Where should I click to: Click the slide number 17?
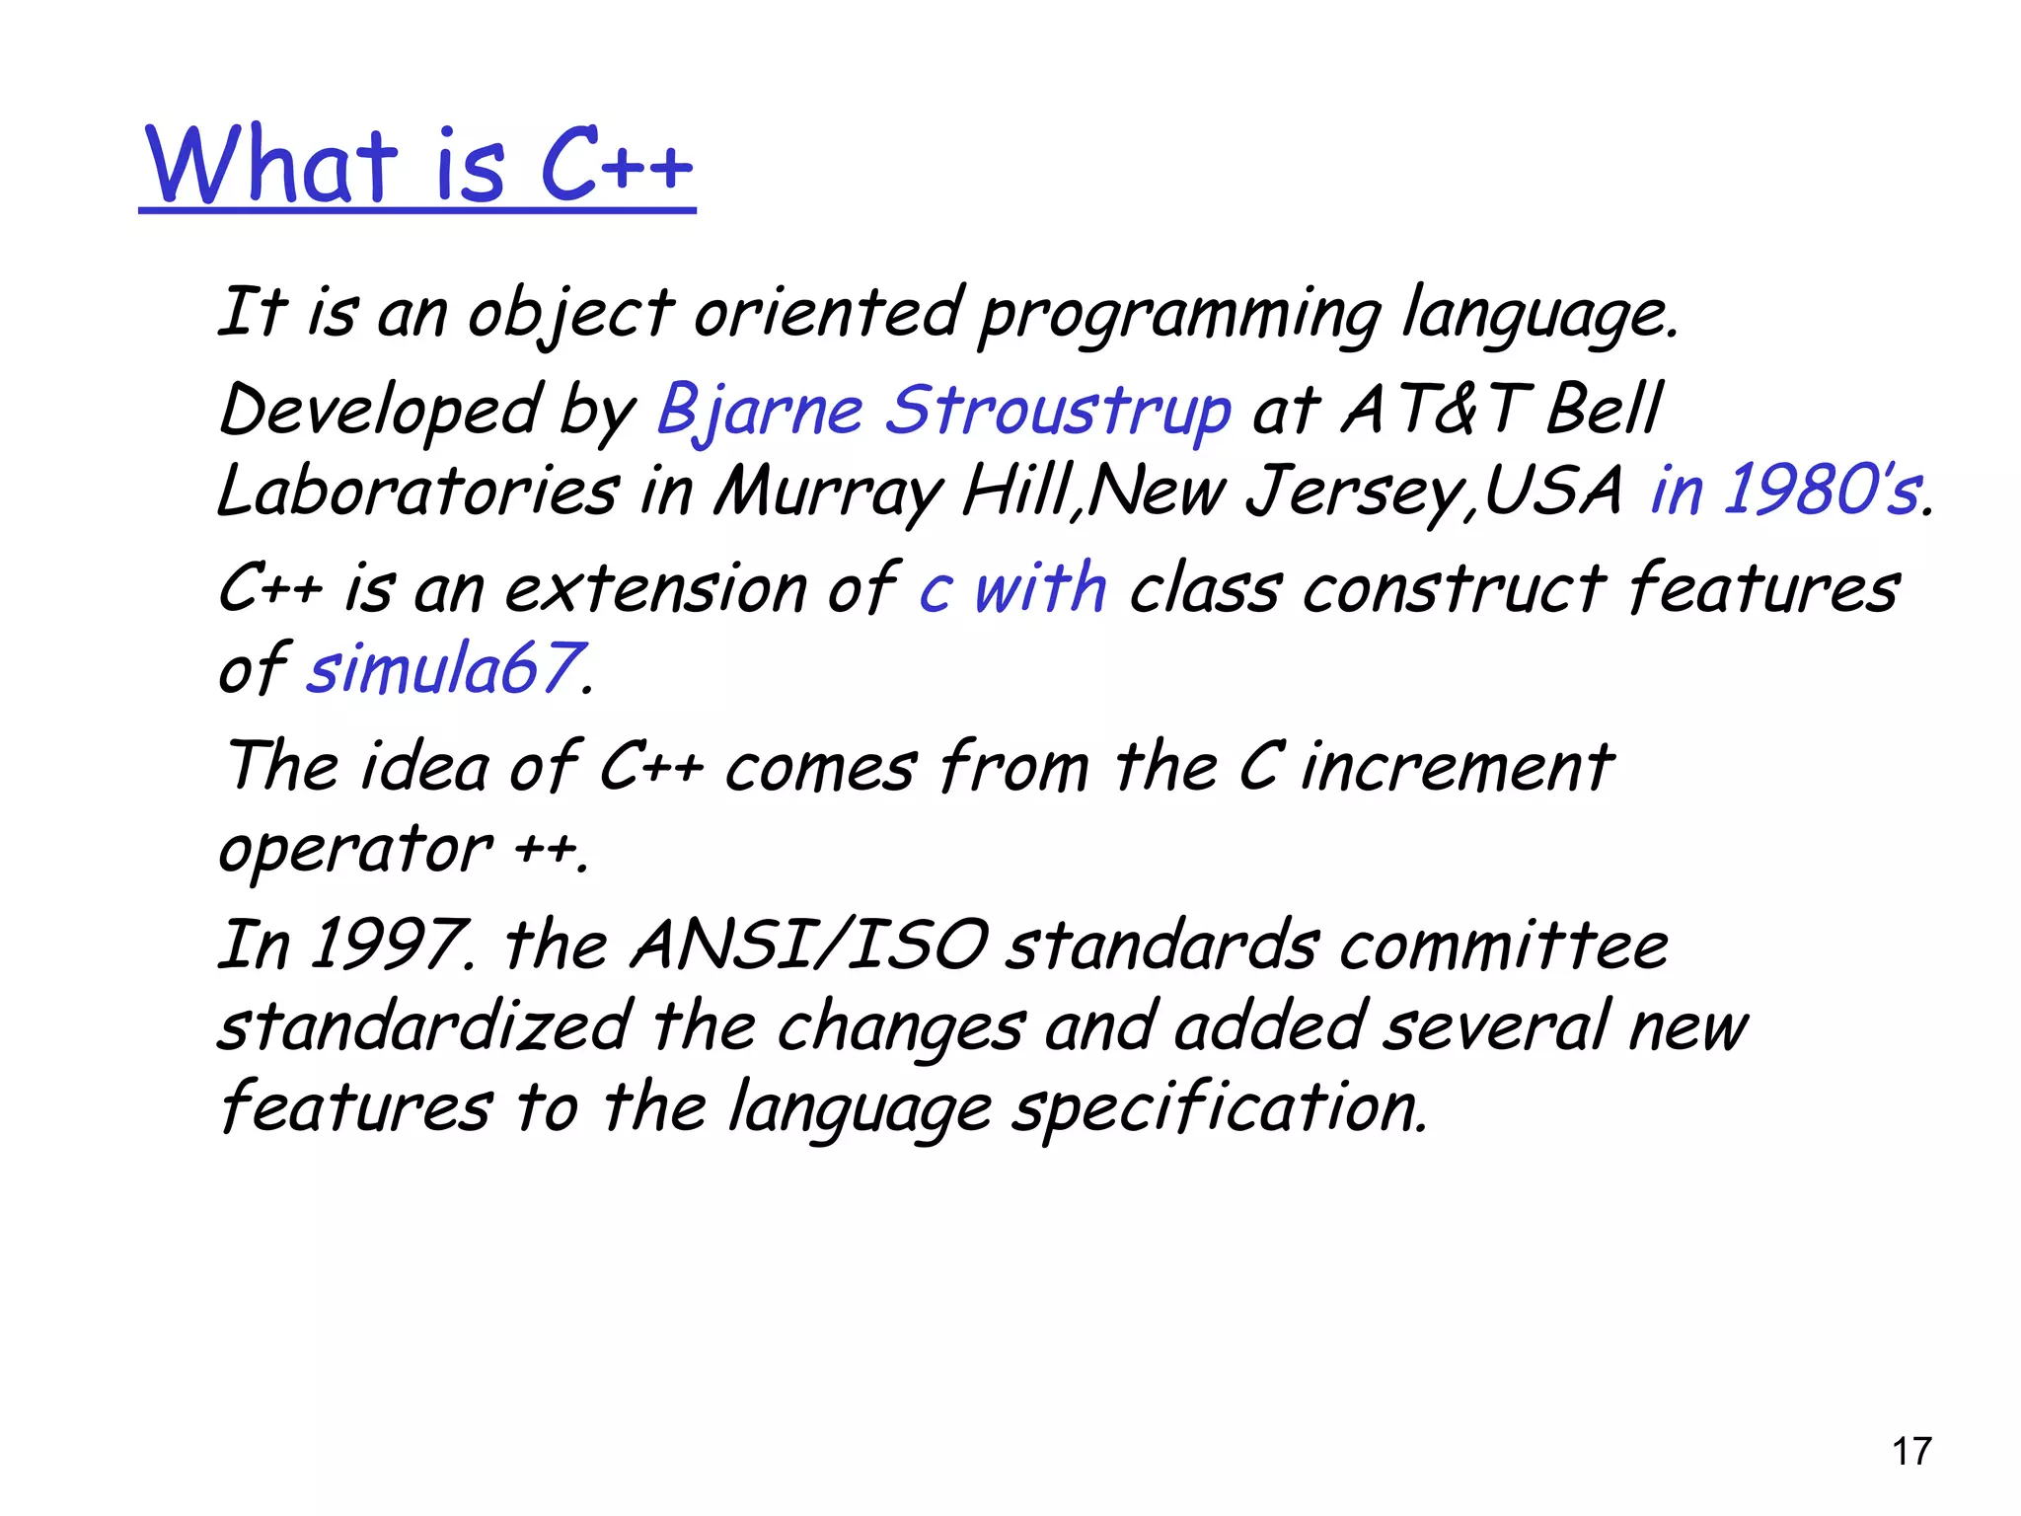click(x=1911, y=1452)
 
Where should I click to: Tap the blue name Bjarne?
click(x=760, y=411)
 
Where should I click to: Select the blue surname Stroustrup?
click(x=1058, y=411)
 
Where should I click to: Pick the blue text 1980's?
click(x=1822, y=491)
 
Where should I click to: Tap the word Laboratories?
click(x=418, y=491)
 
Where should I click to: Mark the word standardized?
click(x=425, y=1026)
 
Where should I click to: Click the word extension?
click(x=656, y=589)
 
